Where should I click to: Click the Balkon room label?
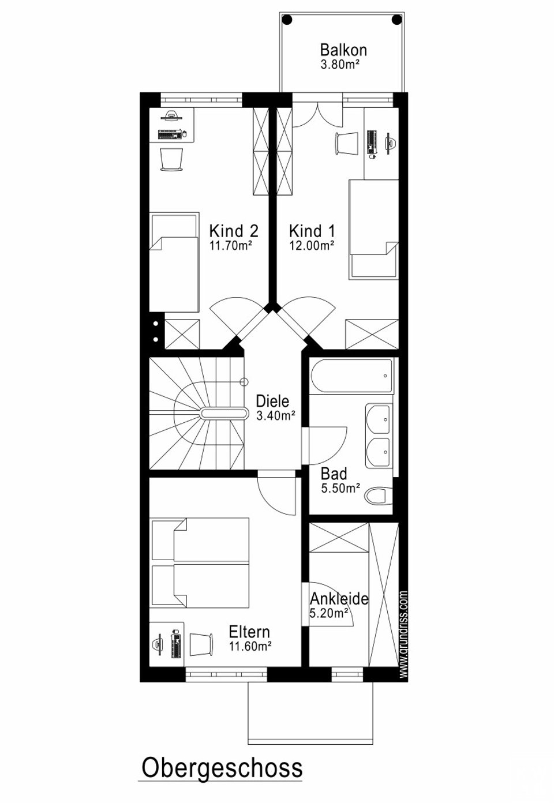pyautogui.click(x=343, y=50)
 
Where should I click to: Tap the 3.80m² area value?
pyautogui.click(x=340, y=65)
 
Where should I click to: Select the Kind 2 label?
pyautogui.click(x=234, y=231)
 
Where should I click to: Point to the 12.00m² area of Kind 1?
pyautogui.click(x=312, y=246)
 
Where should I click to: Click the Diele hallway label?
pyautogui.click(x=272, y=400)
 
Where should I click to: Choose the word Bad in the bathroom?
pyautogui.click(x=334, y=474)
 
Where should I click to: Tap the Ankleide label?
pyautogui.click(x=339, y=599)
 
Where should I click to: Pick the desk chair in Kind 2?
pyautogui.click(x=171, y=159)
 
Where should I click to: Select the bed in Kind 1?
pyautogui.click(x=373, y=228)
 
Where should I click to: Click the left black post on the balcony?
pyautogui.click(x=287, y=19)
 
